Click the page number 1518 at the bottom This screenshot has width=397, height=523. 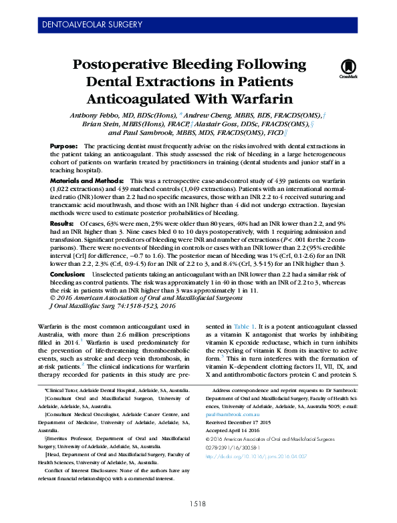tap(198, 504)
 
